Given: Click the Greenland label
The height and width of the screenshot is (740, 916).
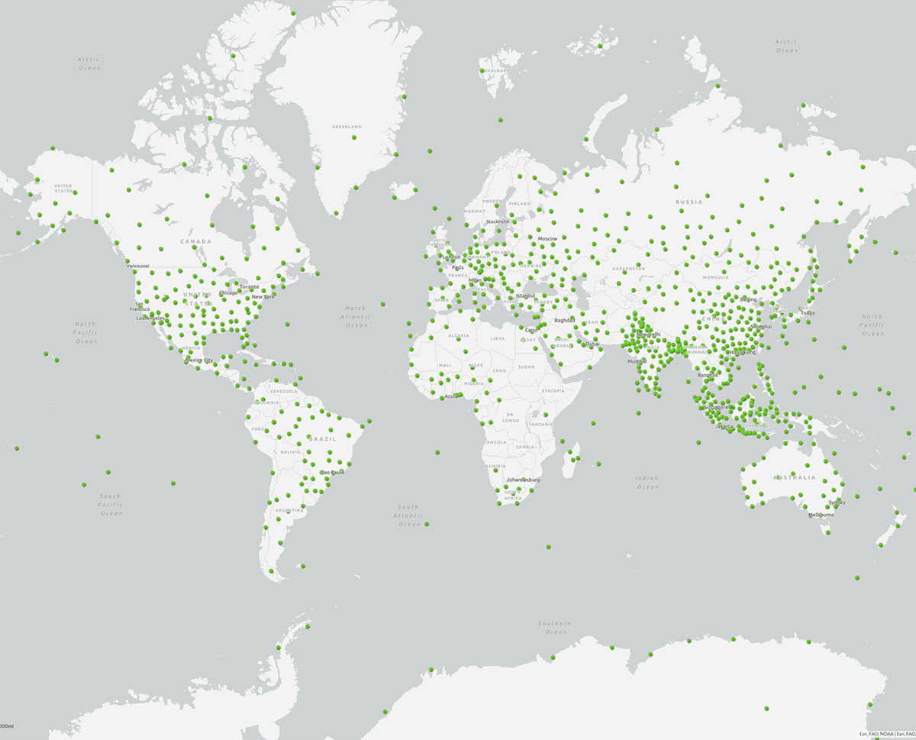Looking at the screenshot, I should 347,126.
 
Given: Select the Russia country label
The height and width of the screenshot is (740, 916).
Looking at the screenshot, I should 688,202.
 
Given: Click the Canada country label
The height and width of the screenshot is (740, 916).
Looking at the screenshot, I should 195,241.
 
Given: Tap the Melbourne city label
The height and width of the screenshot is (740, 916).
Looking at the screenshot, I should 821,515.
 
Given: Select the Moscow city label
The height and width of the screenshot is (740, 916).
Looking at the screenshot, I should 547,239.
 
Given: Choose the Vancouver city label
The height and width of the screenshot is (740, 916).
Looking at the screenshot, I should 138,266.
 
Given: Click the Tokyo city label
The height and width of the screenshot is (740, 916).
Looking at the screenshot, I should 807,313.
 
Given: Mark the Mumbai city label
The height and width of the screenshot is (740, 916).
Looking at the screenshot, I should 637,360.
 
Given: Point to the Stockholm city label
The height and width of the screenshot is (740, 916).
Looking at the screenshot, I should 497,221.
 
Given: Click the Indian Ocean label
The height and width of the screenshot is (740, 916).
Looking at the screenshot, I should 647,482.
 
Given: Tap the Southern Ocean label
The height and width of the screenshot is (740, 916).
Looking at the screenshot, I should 554,628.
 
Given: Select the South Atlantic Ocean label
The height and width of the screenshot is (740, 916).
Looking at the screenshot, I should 408,515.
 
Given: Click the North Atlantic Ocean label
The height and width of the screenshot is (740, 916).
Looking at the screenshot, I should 355,316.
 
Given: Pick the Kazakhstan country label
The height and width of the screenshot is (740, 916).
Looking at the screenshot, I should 627,269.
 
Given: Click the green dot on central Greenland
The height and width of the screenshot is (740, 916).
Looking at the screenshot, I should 353,137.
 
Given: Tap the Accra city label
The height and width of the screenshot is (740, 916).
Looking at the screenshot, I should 451,396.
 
